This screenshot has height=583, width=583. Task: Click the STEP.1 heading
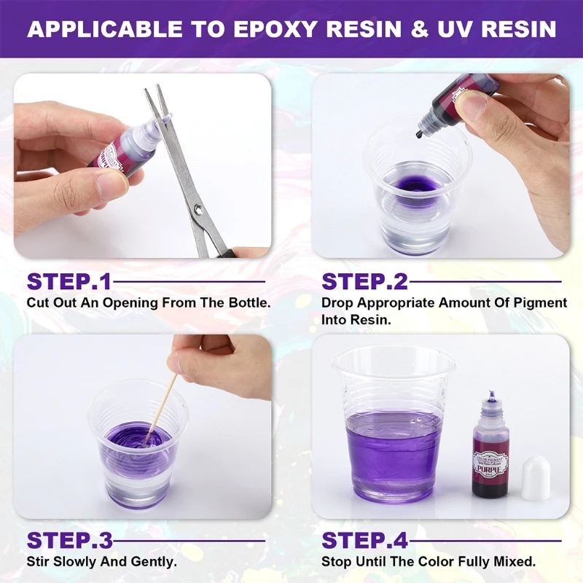click(69, 281)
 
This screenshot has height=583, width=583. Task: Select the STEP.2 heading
click(364, 281)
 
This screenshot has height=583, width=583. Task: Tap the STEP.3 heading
click(69, 540)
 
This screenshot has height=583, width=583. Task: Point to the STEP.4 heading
click(365, 540)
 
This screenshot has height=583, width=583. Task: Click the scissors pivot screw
click(199, 209)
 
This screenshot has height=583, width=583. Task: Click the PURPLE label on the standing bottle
click(490, 472)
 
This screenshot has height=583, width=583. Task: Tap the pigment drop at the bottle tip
click(419, 134)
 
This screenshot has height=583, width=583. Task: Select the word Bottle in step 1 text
click(252, 302)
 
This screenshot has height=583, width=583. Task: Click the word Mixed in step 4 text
click(514, 561)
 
